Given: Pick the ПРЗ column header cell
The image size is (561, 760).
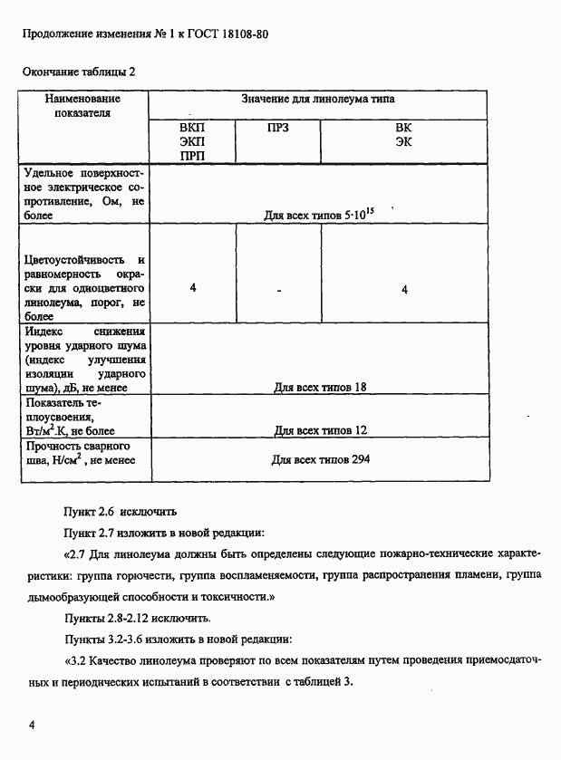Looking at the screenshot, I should (x=277, y=128).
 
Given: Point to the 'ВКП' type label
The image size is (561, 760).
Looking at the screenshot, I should (x=191, y=128).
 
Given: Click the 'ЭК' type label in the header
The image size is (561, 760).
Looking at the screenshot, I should (x=404, y=142).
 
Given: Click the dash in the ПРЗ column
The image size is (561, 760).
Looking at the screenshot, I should (x=278, y=290).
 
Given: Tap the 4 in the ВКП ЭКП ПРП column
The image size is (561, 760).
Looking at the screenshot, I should (x=193, y=288).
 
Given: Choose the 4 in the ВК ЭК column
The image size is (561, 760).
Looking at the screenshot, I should (x=404, y=289).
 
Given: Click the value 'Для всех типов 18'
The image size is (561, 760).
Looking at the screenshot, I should (x=319, y=388).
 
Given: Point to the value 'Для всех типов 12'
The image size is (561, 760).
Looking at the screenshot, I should (x=319, y=430).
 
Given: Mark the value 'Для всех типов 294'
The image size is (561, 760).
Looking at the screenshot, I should (x=320, y=459).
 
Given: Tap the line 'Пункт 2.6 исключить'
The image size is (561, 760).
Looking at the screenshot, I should (x=112, y=511).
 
